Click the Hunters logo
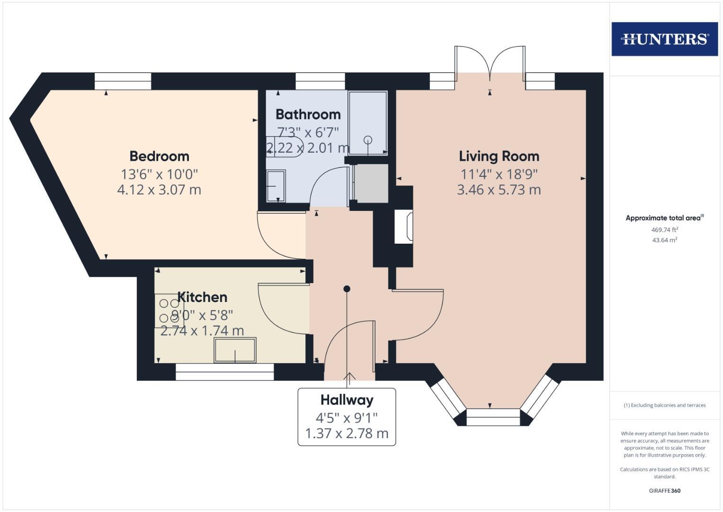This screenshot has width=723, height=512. (664, 39)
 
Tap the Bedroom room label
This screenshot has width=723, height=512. (159, 156)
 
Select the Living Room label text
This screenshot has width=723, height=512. (499, 156)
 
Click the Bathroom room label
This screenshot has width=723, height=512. (308, 114)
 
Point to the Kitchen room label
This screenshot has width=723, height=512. (202, 297)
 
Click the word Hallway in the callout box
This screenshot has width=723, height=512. (347, 400)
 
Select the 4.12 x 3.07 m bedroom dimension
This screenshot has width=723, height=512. (159, 190)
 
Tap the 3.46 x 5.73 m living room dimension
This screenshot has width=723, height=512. (499, 190)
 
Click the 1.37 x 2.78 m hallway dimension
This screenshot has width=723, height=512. (347, 433)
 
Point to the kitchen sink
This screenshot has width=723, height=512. (235, 350)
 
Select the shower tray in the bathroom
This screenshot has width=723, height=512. (368, 123)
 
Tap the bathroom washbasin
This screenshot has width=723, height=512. (276, 186)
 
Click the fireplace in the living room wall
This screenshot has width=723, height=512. (403, 227)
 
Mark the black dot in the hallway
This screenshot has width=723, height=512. (347, 289)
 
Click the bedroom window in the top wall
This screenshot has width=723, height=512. (123, 81)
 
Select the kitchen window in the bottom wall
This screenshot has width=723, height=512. (224, 372)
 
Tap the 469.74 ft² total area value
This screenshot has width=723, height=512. (664, 230)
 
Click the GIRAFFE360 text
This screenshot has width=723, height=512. (664, 491)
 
